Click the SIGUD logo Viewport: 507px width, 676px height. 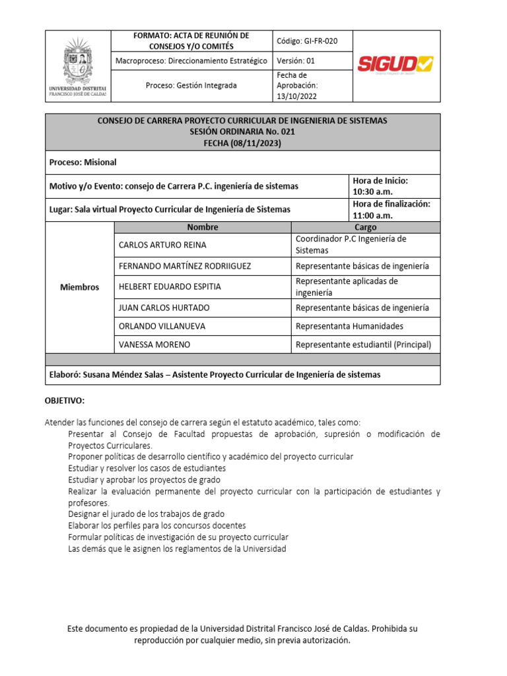395,64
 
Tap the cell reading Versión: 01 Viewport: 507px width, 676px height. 296,61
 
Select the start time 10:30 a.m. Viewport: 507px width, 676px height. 372,192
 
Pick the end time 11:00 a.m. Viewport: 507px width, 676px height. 372,215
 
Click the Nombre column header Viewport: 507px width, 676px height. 202,227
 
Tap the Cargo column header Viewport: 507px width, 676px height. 365,227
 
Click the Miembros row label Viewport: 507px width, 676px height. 79,287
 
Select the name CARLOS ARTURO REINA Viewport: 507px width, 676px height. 162,245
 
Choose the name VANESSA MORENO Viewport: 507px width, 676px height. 154,345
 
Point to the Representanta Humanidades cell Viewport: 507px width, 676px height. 349,326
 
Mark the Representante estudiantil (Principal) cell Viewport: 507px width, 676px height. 363,345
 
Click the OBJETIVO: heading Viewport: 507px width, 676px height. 65,401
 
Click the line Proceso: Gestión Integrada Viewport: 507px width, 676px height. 191,86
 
